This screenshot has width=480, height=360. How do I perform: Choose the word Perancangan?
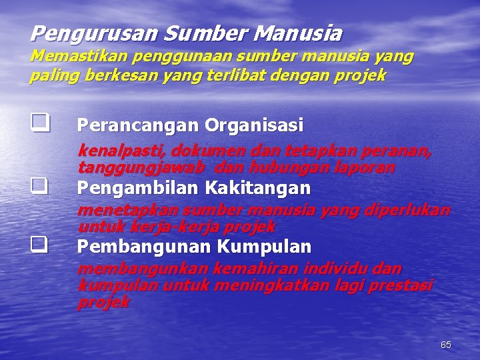point(139,125)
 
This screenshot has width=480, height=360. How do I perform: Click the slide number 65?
point(446,345)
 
